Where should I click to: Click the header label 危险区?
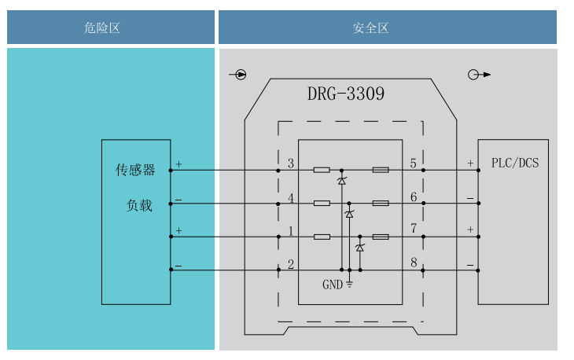(x=102, y=28)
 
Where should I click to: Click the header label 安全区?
(x=371, y=28)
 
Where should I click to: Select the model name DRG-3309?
(x=346, y=94)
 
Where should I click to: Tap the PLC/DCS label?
(x=515, y=163)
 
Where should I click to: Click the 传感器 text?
(x=135, y=170)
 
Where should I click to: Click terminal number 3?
(x=291, y=163)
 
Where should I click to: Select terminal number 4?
(x=291, y=197)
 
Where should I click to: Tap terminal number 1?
(x=291, y=230)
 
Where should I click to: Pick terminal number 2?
(x=291, y=264)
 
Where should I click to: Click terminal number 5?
(x=414, y=163)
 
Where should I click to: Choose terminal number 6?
(x=414, y=197)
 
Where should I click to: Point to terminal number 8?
(x=414, y=263)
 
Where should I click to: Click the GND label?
(x=333, y=285)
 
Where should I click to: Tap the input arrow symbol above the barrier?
(x=239, y=75)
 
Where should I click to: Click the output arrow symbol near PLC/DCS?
(x=478, y=75)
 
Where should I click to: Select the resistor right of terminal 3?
(x=322, y=170)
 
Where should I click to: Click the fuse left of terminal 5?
(x=381, y=170)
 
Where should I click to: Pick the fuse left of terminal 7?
(x=381, y=237)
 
